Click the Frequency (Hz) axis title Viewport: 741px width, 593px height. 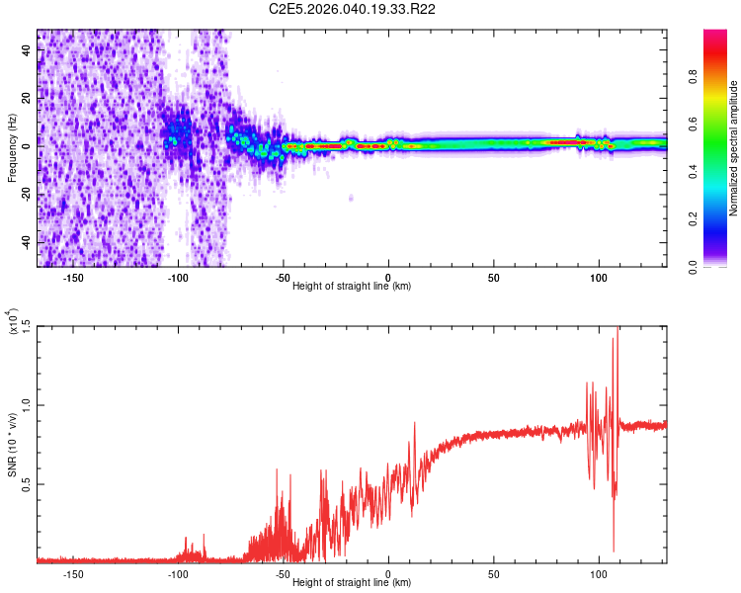(12, 148)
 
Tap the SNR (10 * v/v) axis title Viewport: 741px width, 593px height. (12, 445)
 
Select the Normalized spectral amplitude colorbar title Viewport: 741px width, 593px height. (733, 148)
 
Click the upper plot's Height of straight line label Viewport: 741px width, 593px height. (353, 286)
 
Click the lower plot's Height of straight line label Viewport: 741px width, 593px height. (353, 582)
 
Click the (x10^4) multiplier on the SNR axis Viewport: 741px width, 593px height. (14, 322)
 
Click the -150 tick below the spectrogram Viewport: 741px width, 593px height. (73, 277)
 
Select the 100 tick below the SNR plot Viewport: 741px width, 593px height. (598, 573)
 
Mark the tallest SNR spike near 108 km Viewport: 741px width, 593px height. (618, 329)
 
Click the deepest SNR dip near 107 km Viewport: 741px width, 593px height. (614, 551)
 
